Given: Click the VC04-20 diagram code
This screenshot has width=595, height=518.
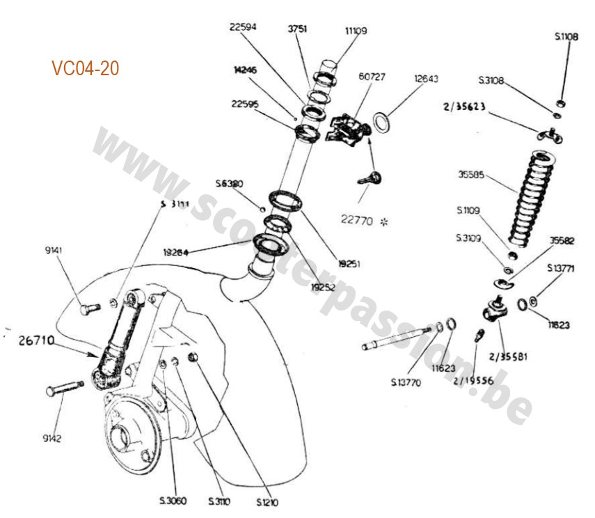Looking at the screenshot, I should tap(85, 68).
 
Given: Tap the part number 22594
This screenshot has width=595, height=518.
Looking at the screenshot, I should tap(244, 28).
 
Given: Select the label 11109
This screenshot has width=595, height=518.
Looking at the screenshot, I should tap(356, 31).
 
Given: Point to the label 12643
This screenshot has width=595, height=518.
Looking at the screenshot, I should tap(425, 79).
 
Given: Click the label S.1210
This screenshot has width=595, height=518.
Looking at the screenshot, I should tap(267, 501).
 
